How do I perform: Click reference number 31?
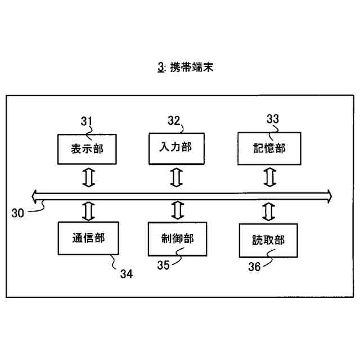click(x=87, y=121)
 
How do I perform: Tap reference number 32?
click(x=174, y=120)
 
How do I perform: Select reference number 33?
click(x=272, y=119)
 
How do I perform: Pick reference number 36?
click(x=254, y=267)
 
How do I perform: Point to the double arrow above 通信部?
click(x=88, y=210)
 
